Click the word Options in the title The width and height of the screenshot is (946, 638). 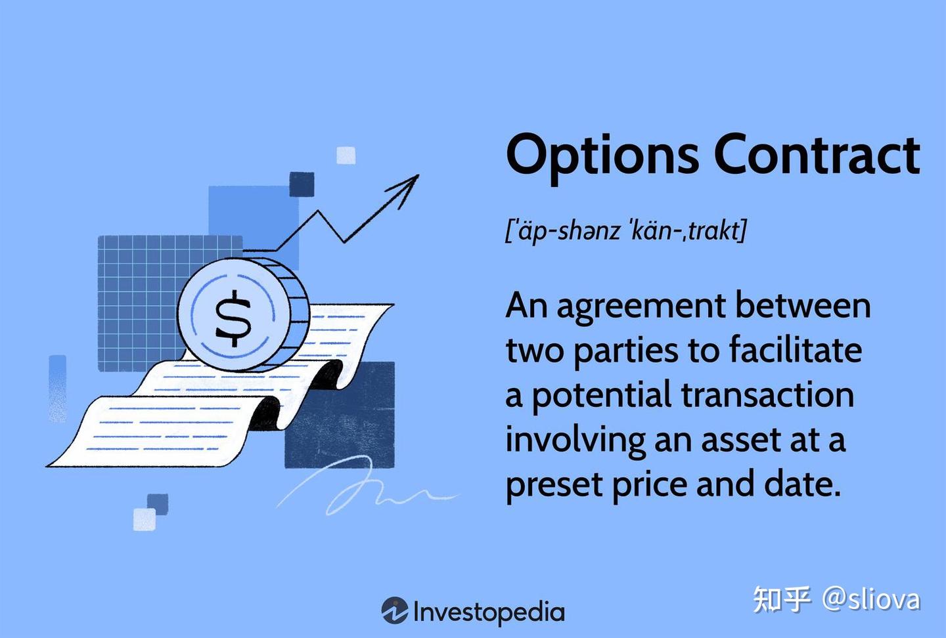[x=602, y=156]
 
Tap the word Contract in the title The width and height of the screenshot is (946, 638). [x=817, y=155]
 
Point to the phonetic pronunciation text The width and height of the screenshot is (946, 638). [x=626, y=230]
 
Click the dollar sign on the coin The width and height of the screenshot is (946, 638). [x=233, y=320]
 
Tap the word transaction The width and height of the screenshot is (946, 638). [x=767, y=394]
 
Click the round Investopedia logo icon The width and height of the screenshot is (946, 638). [x=395, y=610]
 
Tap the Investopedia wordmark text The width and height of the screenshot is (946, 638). [x=489, y=612]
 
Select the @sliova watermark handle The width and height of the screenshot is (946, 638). [x=870, y=599]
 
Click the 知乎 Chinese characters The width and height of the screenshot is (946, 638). [x=782, y=599]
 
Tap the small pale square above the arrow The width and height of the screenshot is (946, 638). [x=346, y=156]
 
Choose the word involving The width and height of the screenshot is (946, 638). [x=575, y=440]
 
